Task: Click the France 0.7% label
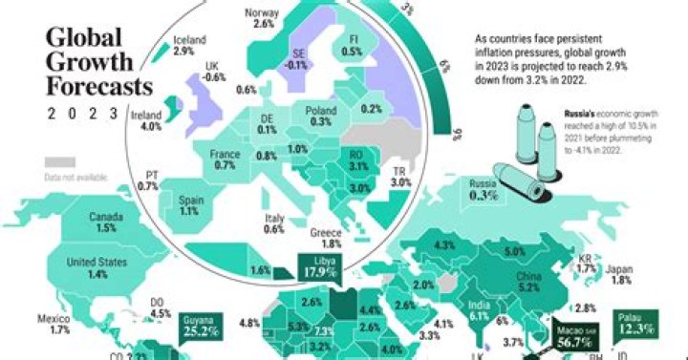coord(226,159)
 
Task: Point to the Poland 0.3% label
coord(320,116)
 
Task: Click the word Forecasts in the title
coord(99,87)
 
